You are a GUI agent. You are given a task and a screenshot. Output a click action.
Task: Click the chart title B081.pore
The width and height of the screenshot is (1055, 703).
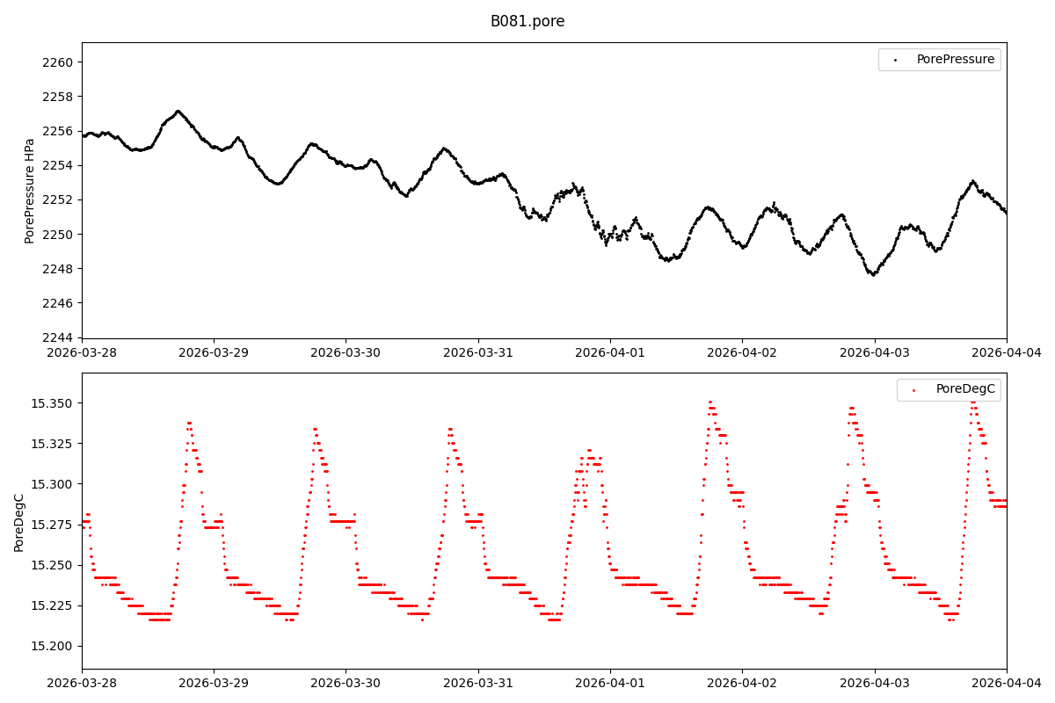[x=527, y=21]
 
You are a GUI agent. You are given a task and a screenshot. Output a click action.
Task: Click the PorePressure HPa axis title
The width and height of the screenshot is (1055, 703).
[x=30, y=191]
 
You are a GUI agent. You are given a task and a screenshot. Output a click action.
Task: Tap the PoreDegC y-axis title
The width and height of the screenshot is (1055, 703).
[x=19, y=522]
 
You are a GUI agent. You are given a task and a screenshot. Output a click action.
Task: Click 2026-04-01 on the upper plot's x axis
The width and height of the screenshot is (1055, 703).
[x=610, y=352]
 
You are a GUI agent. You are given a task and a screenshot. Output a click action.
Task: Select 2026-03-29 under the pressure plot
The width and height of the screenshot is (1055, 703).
[x=214, y=352]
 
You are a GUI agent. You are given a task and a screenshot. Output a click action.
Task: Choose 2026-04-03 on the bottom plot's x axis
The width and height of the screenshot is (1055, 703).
[x=875, y=682]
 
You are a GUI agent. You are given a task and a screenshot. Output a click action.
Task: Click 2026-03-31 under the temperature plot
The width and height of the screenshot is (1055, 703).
[x=478, y=682]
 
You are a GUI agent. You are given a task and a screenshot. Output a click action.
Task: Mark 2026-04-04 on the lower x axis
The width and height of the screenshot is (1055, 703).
[x=1007, y=682]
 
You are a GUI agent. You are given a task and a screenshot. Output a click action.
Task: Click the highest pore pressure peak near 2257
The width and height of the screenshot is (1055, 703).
[x=178, y=112]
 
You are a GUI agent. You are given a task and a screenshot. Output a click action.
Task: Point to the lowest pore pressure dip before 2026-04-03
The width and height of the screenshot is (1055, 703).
[x=872, y=274]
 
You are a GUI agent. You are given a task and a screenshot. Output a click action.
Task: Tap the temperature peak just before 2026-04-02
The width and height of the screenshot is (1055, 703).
[x=710, y=402]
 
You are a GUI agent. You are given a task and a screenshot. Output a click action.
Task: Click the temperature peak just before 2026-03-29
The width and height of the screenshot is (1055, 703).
[x=189, y=423]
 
